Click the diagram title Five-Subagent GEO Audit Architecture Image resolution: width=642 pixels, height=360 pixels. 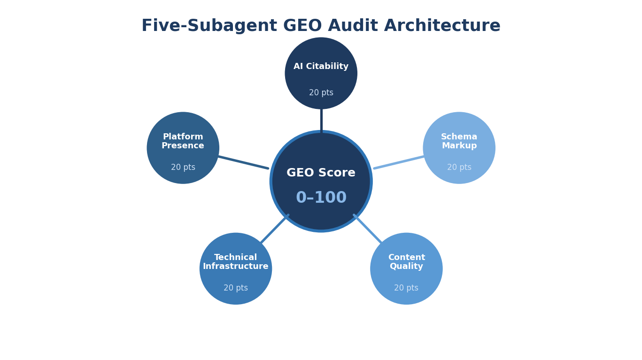pos(321,26)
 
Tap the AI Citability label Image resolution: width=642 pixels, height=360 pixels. pos(321,67)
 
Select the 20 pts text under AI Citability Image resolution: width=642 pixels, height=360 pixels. pos(321,93)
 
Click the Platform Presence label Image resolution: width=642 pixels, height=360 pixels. pos(183,141)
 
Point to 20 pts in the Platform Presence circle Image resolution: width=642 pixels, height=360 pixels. pos(183,168)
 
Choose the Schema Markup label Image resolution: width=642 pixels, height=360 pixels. pos(459,141)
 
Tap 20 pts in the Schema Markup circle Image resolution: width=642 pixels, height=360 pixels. pos(459,168)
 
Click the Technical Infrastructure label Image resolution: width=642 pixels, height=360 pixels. pos(235,262)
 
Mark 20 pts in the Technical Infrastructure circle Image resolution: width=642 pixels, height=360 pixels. pos(235,288)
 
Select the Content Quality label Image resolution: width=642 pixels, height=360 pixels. pos(406,262)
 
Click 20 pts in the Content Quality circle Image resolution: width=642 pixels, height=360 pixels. pos(406,288)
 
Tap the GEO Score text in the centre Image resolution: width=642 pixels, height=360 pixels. pos(321,173)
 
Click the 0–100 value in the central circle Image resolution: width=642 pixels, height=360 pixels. pos(321,198)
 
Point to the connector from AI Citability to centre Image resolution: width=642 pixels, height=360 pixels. pos(321,120)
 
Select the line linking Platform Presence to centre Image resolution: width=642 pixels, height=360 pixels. pos(243,162)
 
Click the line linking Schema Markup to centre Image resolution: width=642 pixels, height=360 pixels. pos(399,162)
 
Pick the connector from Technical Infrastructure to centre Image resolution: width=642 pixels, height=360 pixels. pos(274,229)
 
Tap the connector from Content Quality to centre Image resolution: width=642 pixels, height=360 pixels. pos(368,229)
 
